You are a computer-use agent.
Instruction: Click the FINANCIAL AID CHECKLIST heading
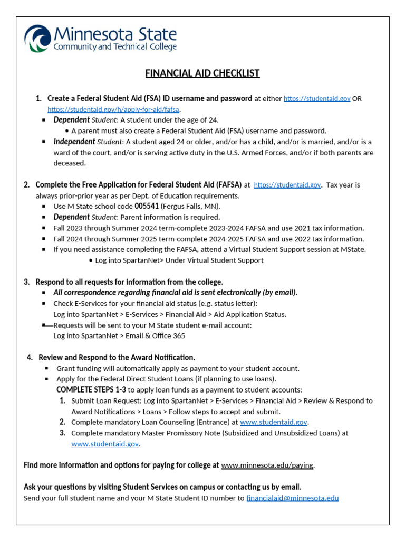click(x=202, y=73)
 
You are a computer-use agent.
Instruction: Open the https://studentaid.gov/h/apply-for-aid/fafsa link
click(x=114, y=109)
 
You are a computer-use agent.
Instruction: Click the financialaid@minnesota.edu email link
click(x=292, y=498)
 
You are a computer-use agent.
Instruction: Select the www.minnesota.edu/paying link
click(x=267, y=465)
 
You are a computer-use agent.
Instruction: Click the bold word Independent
click(x=74, y=142)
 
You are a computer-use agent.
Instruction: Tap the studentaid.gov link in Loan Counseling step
click(x=274, y=422)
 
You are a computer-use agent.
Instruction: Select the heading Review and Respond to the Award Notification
click(x=117, y=358)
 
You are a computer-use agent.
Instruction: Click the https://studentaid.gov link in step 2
click(x=287, y=185)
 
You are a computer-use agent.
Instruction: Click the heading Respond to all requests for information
click(x=129, y=282)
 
